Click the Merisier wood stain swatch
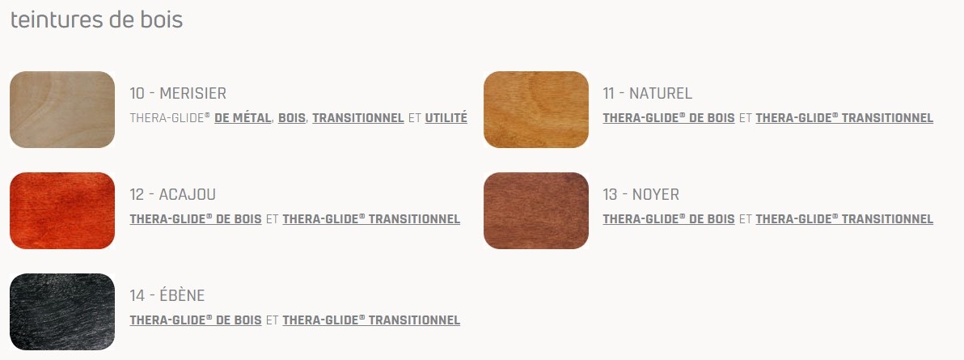click(62, 109)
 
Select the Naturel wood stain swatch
click(536, 109)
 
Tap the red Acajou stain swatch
click(62, 210)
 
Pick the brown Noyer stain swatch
click(536, 210)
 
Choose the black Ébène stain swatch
click(62, 311)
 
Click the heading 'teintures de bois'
click(96, 19)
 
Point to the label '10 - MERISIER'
click(178, 94)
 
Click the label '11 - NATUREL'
click(647, 94)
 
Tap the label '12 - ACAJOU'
click(173, 194)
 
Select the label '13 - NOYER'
click(641, 194)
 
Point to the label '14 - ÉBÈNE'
click(167, 295)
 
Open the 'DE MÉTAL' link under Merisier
click(243, 117)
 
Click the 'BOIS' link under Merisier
click(292, 117)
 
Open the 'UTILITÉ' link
click(446, 117)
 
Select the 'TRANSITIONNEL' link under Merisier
click(358, 117)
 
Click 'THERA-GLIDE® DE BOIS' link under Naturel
click(669, 117)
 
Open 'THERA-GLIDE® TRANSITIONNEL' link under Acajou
click(371, 218)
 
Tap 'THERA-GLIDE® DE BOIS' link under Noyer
click(669, 218)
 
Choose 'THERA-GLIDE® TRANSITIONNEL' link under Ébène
click(371, 320)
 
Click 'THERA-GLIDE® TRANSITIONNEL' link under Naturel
click(845, 117)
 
